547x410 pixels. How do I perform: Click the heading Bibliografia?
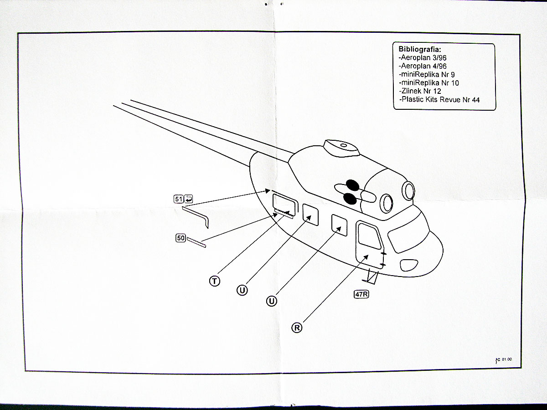pyautogui.click(x=420, y=49)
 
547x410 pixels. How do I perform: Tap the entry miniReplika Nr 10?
pyautogui.click(x=429, y=83)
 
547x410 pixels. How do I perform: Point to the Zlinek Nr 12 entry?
pyautogui.click(x=420, y=91)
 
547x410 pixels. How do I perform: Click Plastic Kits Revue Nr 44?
pyautogui.click(x=439, y=99)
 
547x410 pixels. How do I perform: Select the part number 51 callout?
pyautogui.click(x=178, y=199)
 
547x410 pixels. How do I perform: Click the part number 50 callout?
pyautogui.click(x=180, y=238)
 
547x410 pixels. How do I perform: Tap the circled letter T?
pyautogui.click(x=214, y=281)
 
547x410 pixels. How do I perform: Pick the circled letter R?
pyautogui.click(x=297, y=327)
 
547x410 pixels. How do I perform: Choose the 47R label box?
pyautogui.click(x=361, y=294)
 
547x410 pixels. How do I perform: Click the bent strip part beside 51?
pyautogui.click(x=196, y=215)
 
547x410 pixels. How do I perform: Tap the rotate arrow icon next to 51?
pyautogui.click(x=188, y=198)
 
